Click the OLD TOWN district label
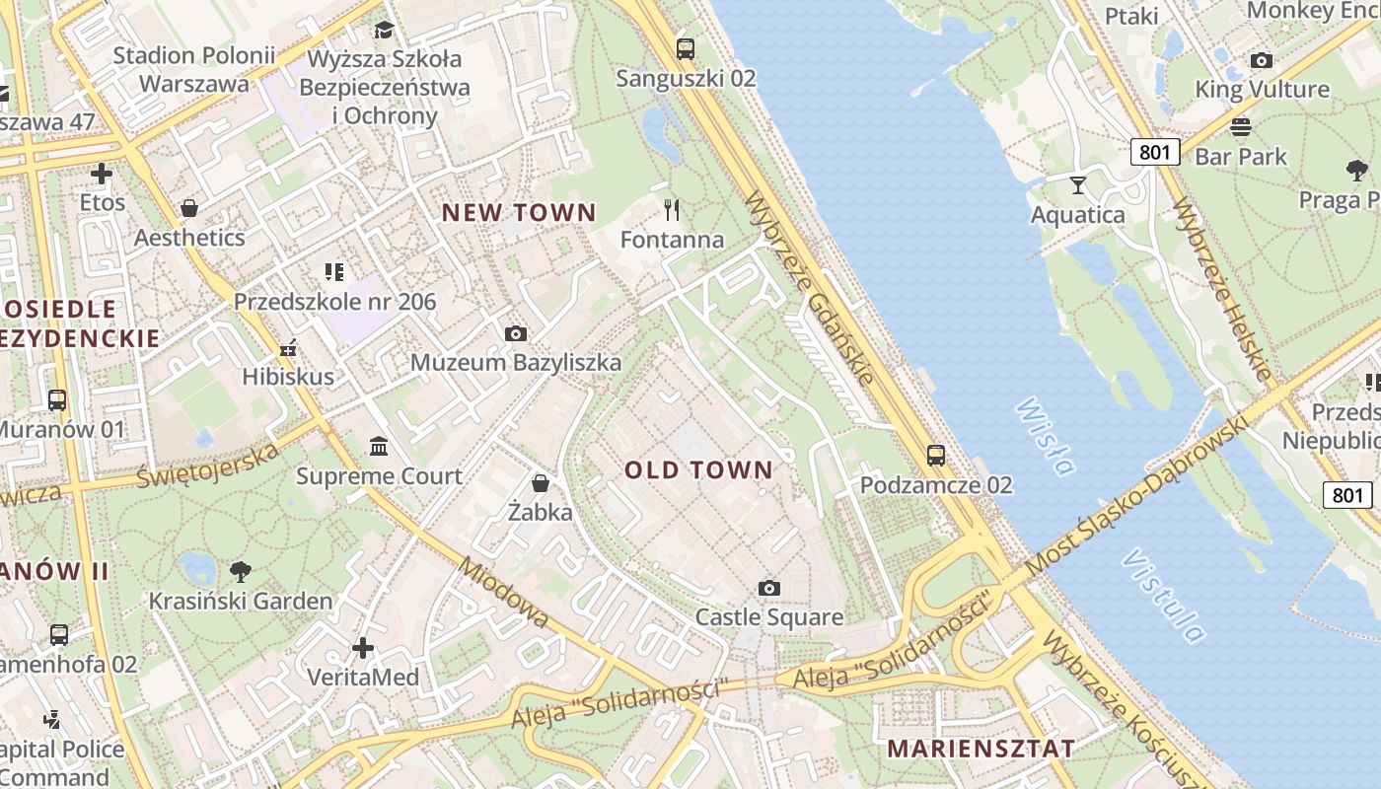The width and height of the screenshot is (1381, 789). pyautogui.click(x=698, y=470)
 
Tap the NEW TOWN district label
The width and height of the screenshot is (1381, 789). pyautogui.click(x=519, y=212)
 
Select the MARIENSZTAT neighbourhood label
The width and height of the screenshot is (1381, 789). pyautogui.click(x=981, y=748)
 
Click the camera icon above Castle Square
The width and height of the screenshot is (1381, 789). pyautogui.click(x=769, y=589)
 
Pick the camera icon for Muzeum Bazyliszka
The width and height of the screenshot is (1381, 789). pyautogui.click(x=515, y=334)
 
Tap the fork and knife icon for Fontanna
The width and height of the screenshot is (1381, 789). pyautogui.click(x=673, y=210)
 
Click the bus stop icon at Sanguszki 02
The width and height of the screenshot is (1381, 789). pyautogui.click(x=686, y=48)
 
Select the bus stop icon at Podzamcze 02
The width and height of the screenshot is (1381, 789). pyautogui.click(x=935, y=456)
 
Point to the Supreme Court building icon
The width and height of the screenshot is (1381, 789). pyautogui.click(x=379, y=447)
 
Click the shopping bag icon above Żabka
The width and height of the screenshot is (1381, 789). pyautogui.click(x=541, y=483)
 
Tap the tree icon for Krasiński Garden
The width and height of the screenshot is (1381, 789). pyautogui.click(x=240, y=571)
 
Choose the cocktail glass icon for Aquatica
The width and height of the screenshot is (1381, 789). pyautogui.click(x=1077, y=184)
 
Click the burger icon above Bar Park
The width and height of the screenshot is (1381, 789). pyautogui.click(x=1241, y=126)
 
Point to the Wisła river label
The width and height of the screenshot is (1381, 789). pyautogui.click(x=1045, y=437)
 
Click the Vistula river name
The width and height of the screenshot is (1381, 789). pyautogui.click(x=1164, y=596)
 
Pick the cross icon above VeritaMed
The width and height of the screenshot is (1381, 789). pyautogui.click(x=363, y=648)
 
